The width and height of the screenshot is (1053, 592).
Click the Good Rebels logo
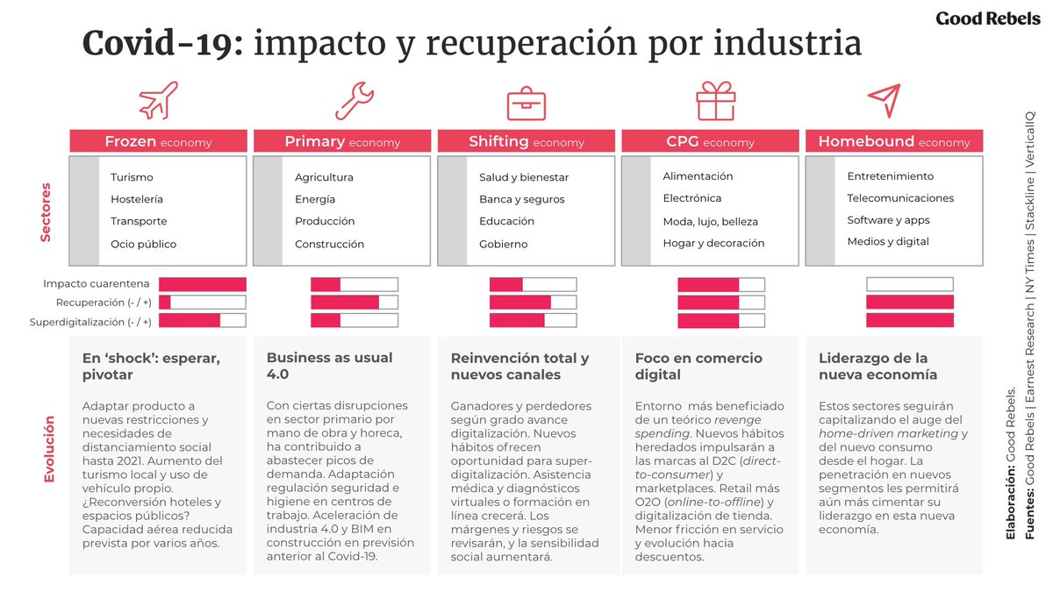click(987, 18)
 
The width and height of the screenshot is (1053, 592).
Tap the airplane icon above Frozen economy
click(158, 100)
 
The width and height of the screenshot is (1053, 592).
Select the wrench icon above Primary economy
click(342, 100)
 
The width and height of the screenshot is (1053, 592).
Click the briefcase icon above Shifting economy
click(526, 102)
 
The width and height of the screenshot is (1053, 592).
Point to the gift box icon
click(715, 100)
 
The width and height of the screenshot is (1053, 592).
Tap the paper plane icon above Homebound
click(884, 101)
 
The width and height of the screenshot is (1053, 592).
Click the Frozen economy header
click(158, 141)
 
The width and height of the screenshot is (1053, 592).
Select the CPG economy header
click(710, 141)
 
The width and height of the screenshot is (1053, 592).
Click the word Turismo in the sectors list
click(132, 177)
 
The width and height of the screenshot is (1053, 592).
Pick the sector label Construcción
click(329, 244)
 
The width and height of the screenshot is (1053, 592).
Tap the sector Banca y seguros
click(522, 199)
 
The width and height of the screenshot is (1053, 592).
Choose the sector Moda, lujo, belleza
click(710, 221)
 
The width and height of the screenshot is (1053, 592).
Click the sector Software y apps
click(888, 220)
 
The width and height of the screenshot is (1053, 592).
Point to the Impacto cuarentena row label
click(96, 284)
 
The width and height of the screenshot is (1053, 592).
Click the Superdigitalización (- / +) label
click(90, 322)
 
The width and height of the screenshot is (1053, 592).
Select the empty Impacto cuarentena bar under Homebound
click(909, 284)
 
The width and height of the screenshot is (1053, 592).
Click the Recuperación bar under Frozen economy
click(202, 303)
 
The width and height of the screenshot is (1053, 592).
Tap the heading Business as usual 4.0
click(329, 366)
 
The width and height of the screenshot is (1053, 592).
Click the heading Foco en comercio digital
click(698, 366)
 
